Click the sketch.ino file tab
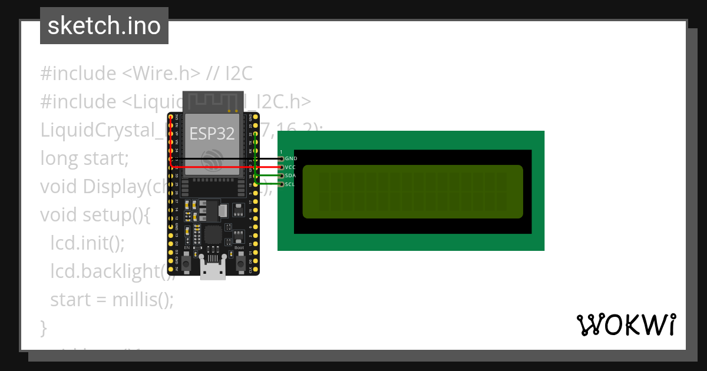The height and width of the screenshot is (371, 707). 104,26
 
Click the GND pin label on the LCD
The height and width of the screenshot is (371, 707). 291,159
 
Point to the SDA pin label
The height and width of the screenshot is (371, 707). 290,176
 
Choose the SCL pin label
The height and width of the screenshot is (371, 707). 290,185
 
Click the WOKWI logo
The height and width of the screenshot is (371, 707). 626,324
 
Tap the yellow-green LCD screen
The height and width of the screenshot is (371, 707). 412,191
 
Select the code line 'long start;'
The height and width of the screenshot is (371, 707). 84,158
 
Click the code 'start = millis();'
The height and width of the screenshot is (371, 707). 112,300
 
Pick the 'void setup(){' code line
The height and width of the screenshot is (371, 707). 95,215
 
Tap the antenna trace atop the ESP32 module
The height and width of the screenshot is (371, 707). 213,101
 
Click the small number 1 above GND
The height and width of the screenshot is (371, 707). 281,152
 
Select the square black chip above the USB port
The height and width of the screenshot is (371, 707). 213,236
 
